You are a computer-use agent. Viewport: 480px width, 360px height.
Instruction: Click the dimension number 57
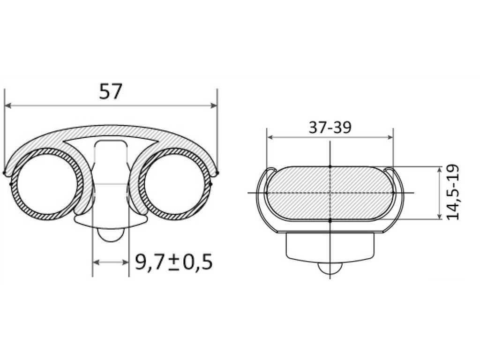pyautogui.click(x=111, y=91)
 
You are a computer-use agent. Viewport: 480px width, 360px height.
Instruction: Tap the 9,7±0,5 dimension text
pyautogui.click(x=173, y=262)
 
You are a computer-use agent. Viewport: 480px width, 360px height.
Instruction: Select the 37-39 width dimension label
pyautogui.click(x=330, y=127)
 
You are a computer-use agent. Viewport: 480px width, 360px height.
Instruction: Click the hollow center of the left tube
pyautogui.click(x=46, y=184)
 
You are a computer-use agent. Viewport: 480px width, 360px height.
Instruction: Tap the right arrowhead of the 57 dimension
pyautogui.click(x=213, y=105)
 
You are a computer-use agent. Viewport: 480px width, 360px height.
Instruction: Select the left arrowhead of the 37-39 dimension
pyautogui.click(x=270, y=137)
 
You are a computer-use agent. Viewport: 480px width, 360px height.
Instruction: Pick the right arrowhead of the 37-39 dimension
pyautogui.click(x=390, y=137)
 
